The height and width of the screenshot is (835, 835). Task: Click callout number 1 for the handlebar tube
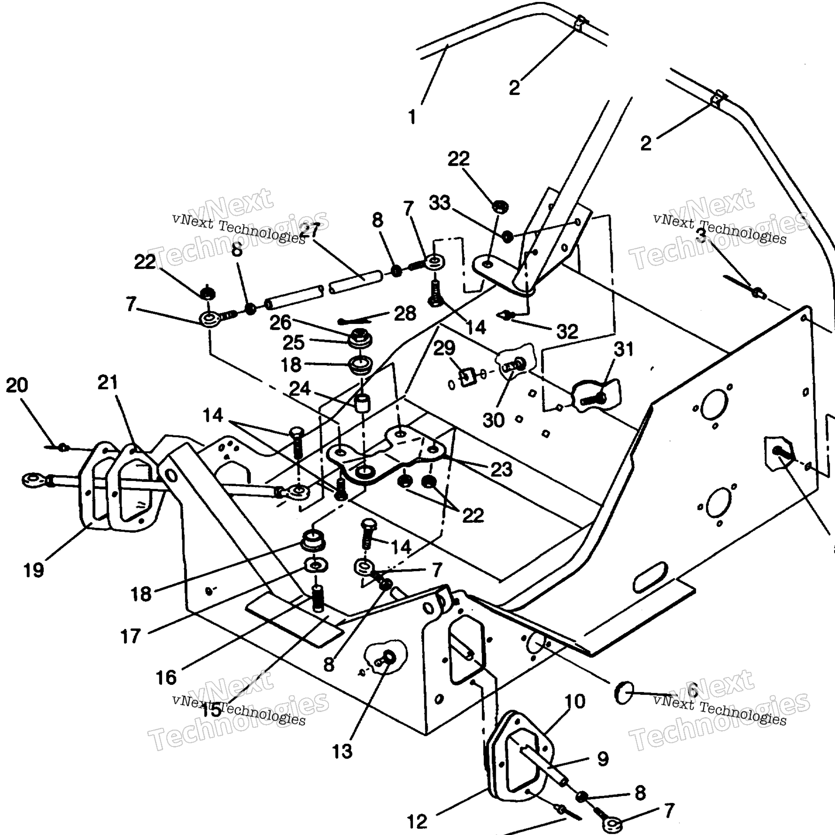pyautogui.click(x=412, y=117)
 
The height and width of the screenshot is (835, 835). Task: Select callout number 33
pyautogui.click(x=440, y=203)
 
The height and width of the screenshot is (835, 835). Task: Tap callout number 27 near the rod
pyautogui.click(x=309, y=230)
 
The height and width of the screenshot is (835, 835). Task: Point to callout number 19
pyautogui.click(x=34, y=570)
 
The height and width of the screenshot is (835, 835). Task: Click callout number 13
pyautogui.click(x=342, y=752)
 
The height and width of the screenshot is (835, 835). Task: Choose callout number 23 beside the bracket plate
pyautogui.click(x=501, y=469)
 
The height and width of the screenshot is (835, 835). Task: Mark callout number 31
pyautogui.click(x=624, y=349)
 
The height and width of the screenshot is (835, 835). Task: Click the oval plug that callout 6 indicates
pyautogui.click(x=624, y=692)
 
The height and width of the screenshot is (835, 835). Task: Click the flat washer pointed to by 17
pyautogui.click(x=315, y=566)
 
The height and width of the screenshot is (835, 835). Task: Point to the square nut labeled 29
pyautogui.click(x=467, y=375)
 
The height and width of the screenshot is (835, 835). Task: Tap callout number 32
pyautogui.click(x=567, y=331)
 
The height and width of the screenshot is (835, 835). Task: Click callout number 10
pyautogui.click(x=575, y=701)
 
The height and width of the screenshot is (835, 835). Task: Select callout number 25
pyautogui.click(x=294, y=343)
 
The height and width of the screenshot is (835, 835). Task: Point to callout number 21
pyautogui.click(x=108, y=383)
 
